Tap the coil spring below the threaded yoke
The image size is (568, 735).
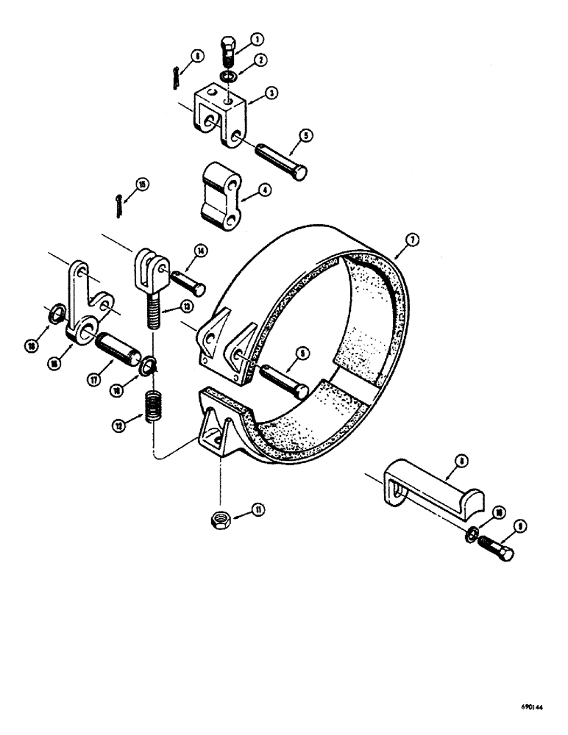click(x=154, y=406)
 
